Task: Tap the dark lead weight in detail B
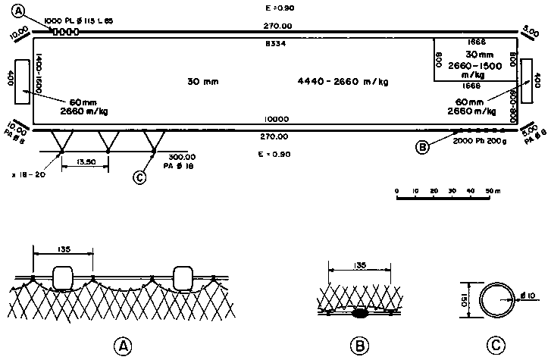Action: point(360,312)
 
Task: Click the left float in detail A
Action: point(63,278)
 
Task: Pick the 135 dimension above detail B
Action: point(359,266)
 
